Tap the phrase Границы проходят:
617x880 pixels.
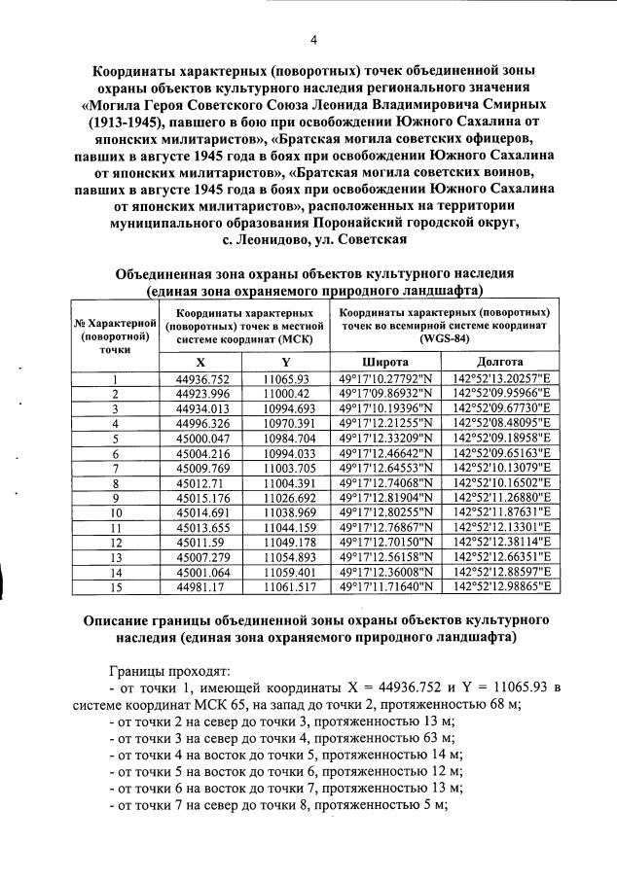click(x=170, y=671)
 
